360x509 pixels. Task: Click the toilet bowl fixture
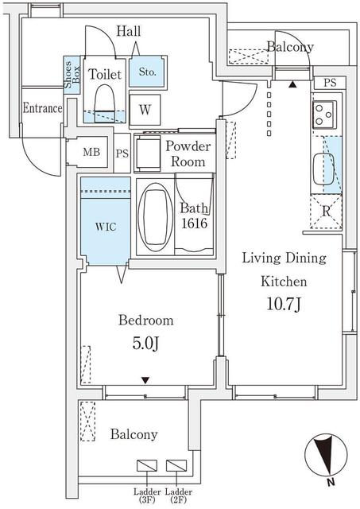tap(104, 103)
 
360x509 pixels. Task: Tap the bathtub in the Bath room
tap(155, 217)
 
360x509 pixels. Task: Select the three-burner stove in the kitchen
tap(324, 115)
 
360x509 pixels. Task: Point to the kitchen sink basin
tap(323, 169)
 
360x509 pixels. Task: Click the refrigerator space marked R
tap(326, 212)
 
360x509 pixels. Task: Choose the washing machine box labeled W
tap(145, 110)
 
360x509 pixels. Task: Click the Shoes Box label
tap(72, 75)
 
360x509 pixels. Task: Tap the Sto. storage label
tap(147, 72)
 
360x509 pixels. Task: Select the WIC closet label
tap(106, 226)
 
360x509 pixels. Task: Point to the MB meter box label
tap(91, 152)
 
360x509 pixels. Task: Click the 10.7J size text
tap(285, 304)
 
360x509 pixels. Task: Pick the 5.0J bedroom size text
tap(145, 344)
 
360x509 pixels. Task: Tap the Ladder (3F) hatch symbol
tap(147, 465)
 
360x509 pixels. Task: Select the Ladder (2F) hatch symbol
tap(176, 465)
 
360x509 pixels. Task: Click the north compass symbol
tap(326, 456)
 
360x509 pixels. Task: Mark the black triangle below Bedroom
tap(145, 380)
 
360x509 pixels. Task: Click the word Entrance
tap(42, 108)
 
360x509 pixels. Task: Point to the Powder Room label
tap(188, 153)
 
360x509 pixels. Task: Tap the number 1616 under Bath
tap(194, 223)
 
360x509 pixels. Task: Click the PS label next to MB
tap(122, 153)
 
